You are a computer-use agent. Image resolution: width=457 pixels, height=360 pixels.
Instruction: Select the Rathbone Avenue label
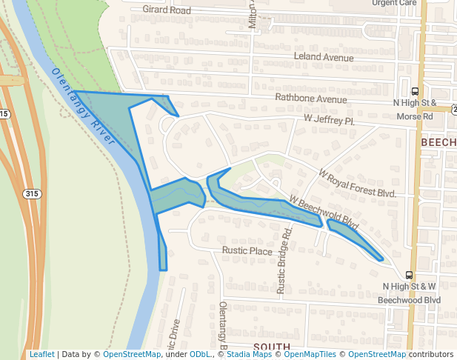tap(310, 99)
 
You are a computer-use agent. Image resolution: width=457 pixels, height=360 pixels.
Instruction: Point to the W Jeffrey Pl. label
tap(330, 119)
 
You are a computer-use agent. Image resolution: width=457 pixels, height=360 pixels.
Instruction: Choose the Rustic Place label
tap(247, 251)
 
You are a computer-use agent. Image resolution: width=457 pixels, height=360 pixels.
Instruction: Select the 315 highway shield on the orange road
tap(32, 193)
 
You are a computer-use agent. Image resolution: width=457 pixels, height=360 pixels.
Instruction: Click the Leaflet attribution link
tap(41, 354)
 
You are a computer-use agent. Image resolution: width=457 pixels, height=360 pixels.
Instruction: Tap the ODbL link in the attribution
tap(200, 354)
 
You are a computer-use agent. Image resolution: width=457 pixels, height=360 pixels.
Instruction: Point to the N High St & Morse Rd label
tap(415, 109)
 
